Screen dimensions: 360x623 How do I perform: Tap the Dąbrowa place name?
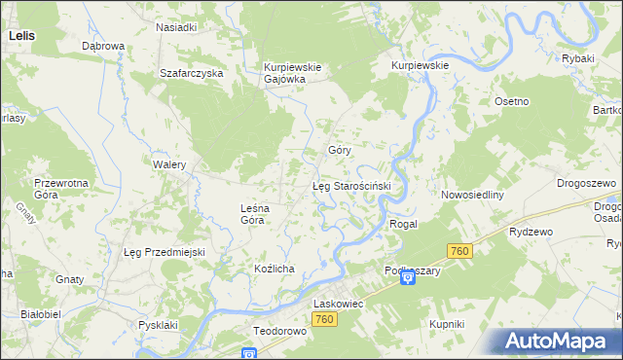point(102,46)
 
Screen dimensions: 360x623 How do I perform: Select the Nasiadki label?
point(177,28)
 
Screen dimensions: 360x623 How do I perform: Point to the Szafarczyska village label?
point(193,73)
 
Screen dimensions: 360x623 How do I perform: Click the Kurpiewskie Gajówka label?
point(284,73)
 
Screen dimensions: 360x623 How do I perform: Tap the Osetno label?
point(511,102)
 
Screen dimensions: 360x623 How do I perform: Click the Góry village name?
point(339,151)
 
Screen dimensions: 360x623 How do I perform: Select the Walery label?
point(168,165)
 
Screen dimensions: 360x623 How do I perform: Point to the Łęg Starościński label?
point(351,185)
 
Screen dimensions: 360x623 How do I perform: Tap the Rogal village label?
point(403,224)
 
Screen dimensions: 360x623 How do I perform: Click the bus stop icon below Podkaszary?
point(408,279)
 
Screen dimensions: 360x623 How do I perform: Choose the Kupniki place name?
point(446,323)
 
